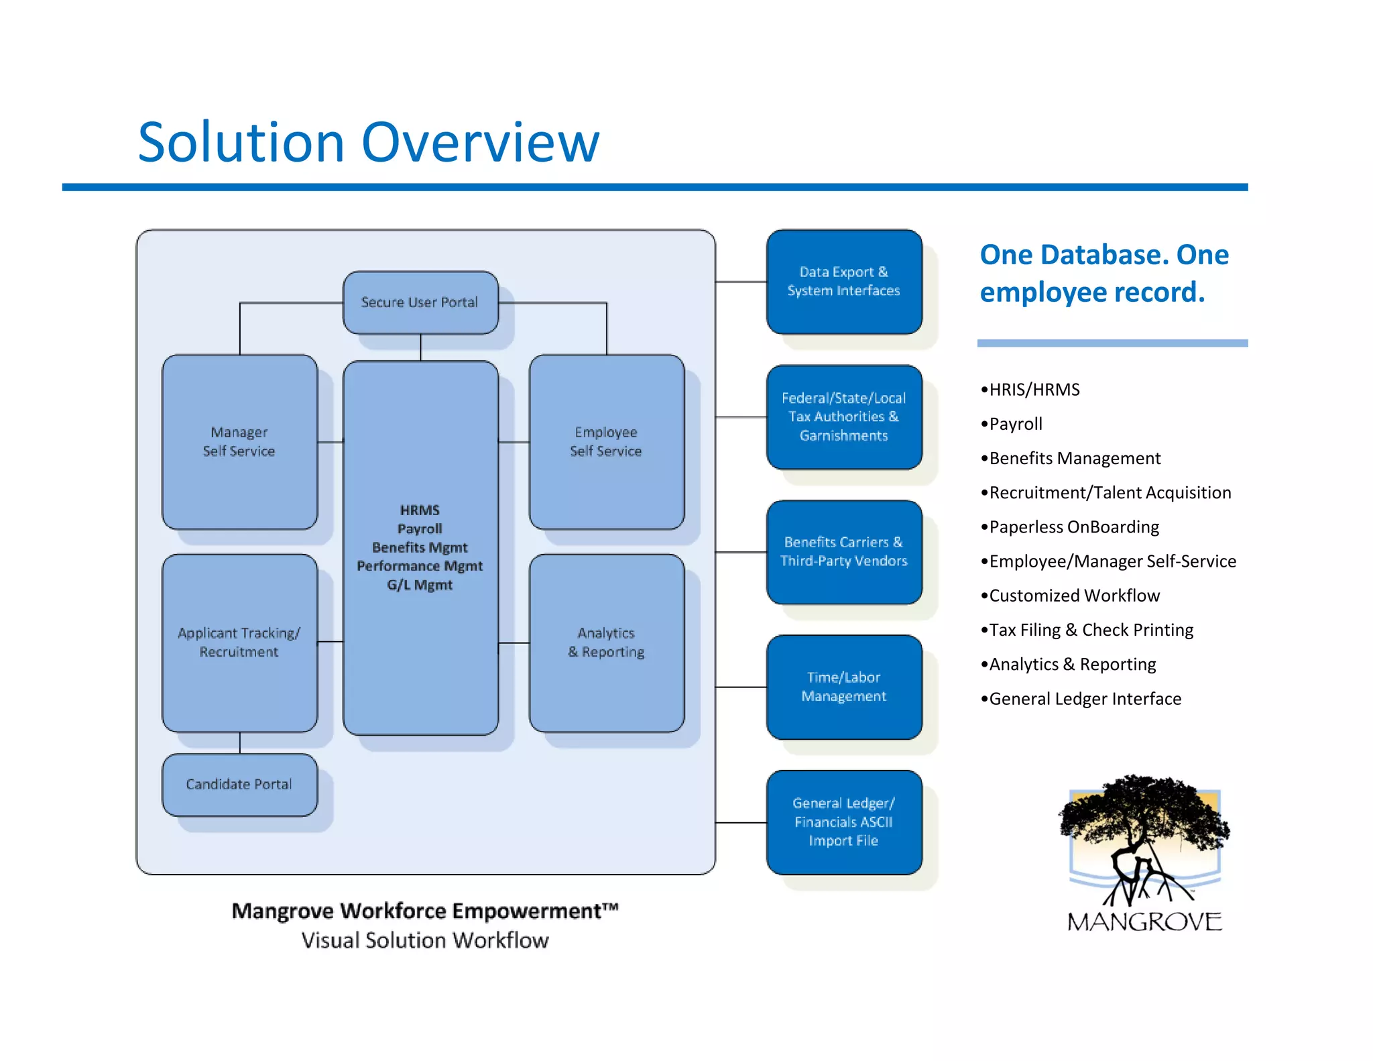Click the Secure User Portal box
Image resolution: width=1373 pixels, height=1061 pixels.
pos(420,302)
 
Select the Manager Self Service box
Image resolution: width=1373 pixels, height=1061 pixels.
pos(239,442)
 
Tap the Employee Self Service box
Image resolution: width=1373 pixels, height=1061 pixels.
pos(606,442)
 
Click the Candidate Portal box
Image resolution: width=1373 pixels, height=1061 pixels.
pos(239,784)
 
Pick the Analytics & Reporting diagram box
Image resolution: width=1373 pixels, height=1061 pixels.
pos(606,643)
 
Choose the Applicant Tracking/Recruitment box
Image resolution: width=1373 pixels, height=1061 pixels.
pos(239,643)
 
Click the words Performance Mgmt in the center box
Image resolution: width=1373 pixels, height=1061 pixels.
pos(420,566)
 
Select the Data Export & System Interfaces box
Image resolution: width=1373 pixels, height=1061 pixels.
pos(843,282)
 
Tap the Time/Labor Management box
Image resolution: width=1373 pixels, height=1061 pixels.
pos(843,687)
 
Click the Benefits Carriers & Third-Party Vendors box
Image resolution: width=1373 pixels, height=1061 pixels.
pos(843,551)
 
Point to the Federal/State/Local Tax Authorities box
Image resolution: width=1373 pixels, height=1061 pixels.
pos(843,416)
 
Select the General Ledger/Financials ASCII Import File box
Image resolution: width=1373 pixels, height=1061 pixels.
pos(843,822)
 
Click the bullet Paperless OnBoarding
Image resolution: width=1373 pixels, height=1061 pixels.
pos(1073,527)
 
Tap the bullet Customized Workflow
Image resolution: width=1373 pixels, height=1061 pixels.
pos(1073,596)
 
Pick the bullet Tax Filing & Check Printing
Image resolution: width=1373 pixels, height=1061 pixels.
pos(1091,630)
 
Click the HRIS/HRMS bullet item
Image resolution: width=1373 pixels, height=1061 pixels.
pos(1034,390)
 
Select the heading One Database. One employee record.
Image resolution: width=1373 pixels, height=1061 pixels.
pos(1103,273)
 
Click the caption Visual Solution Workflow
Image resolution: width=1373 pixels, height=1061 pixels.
pos(424,940)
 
